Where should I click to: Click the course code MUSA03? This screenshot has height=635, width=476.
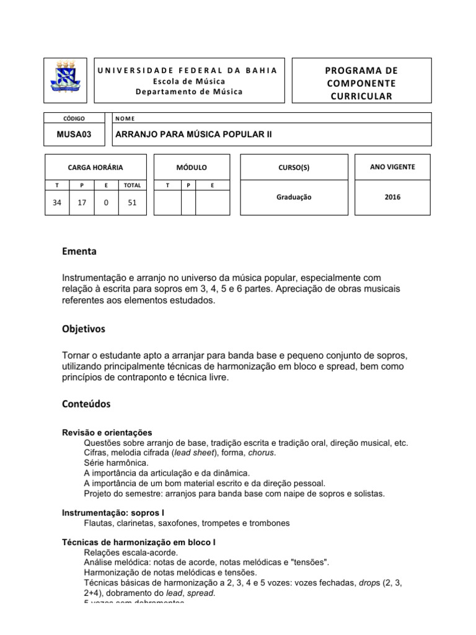74,134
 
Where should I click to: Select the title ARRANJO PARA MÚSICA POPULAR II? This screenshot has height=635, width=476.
191,134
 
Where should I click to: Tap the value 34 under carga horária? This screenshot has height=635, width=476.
57,202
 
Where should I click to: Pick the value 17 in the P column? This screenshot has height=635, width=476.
82,202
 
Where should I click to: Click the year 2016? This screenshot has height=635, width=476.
392,197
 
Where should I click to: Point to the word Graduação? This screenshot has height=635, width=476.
293,197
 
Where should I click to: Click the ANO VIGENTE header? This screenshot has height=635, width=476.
392,167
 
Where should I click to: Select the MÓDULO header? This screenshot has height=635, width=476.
192,167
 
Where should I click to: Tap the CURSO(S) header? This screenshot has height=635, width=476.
293,167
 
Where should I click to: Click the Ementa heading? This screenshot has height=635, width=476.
79,252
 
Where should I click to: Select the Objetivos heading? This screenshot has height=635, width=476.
84,329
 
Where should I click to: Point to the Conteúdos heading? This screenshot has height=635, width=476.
86,404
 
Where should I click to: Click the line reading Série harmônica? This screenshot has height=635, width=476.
116,463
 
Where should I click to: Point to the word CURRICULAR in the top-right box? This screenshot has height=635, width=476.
361,95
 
